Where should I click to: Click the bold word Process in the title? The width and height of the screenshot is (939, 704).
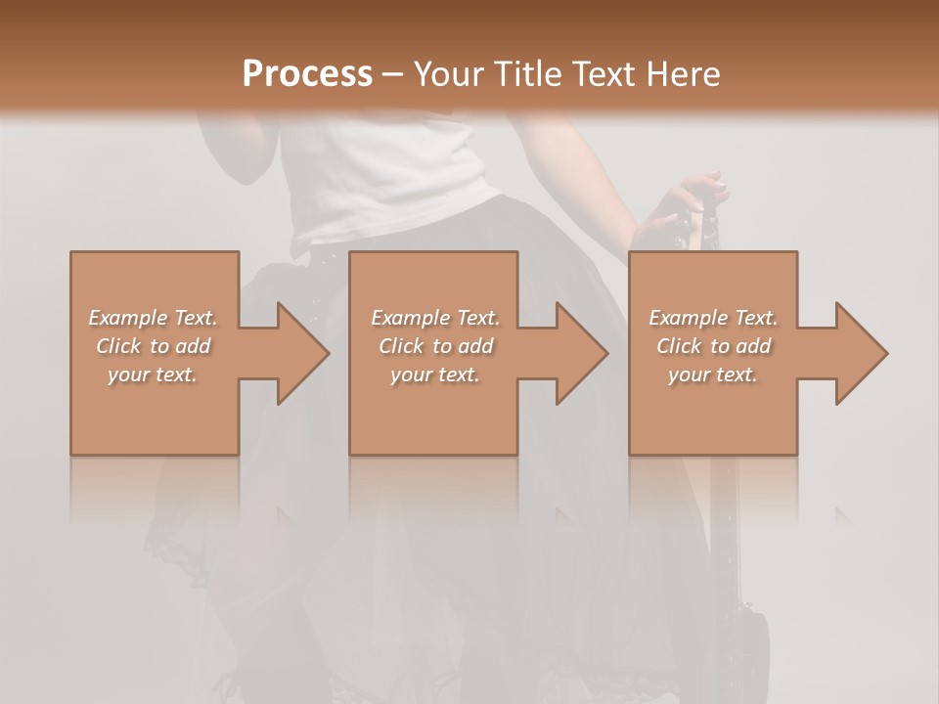[307, 74]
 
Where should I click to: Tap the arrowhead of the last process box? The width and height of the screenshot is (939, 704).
[859, 353]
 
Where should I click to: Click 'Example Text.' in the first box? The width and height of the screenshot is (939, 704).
[154, 318]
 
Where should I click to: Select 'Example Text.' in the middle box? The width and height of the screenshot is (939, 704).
[435, 318]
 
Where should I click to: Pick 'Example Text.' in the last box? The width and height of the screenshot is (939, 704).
[713, 318]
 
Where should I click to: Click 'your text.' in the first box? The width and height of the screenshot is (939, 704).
[154, 374]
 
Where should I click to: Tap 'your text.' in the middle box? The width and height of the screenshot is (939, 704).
[435, 374]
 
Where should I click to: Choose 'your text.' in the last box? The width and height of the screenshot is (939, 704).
[713, 374]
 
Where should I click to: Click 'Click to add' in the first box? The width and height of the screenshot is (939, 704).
[154, 346]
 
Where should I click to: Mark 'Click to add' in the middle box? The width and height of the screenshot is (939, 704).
[435, 346]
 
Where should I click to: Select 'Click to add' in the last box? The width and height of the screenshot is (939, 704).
[713, 346]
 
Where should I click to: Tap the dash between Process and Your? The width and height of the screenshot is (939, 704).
[393, 74]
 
